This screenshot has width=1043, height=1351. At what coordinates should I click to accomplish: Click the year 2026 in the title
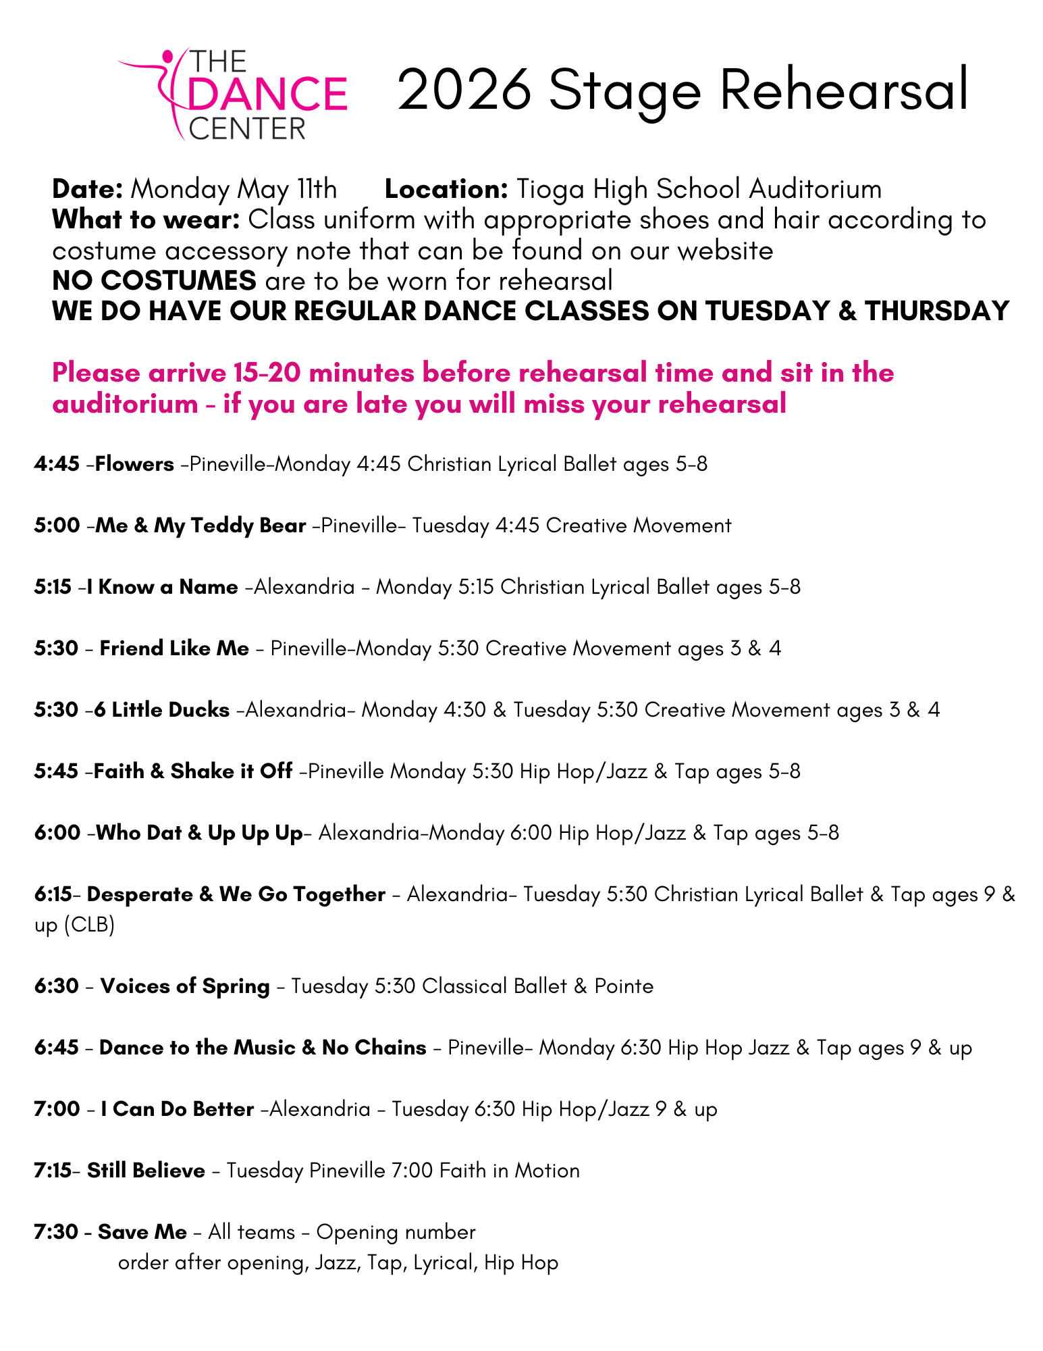point(464,91)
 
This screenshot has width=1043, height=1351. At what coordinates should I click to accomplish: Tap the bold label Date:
point(87,189)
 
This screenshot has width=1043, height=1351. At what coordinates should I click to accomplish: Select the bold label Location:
point(446,189)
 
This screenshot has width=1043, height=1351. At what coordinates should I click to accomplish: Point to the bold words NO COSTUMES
point(154,280)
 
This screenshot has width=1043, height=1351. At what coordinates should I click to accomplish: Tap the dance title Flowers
point(134,464)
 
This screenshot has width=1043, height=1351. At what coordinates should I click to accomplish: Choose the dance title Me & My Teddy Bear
point(200,526)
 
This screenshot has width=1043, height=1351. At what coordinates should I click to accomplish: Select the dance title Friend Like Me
point(174,648)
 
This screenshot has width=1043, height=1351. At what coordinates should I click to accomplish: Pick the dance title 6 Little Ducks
point(162,710)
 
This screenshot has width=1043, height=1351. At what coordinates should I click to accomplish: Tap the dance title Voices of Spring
point(185,986)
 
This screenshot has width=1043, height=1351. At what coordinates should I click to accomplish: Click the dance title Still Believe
point(146,1171)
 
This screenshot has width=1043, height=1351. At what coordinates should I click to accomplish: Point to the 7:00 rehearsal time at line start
point(57,1109)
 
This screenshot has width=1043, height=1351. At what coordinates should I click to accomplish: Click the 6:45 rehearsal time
point(57,1048)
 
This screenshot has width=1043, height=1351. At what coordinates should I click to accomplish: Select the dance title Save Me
point(142,1232)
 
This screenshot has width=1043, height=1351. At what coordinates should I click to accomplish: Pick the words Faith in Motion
point(509,1171)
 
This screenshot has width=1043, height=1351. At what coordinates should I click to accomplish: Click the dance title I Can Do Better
point(177,1109)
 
